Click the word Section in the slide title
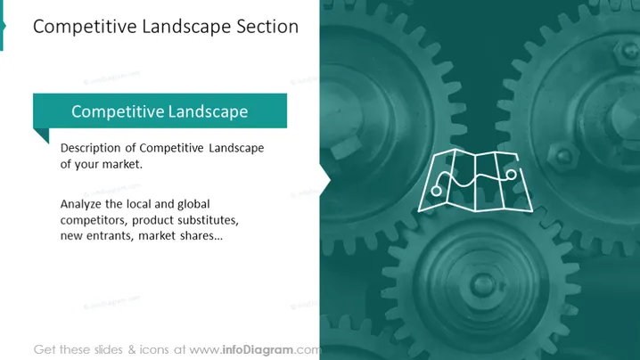click(267, 27)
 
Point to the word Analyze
click(81, 204)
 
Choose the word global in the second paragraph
click(193, 204)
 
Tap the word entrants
click(110, 236)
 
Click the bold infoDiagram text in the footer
click(258, 350)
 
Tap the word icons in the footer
click(154, 350)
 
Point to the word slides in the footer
click(108, 350)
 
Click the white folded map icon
click(475, 181)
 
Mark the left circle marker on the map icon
click(437, 191)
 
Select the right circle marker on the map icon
click(511, 175)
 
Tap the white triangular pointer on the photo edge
click(324, 179)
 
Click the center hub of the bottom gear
click(482, 284)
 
